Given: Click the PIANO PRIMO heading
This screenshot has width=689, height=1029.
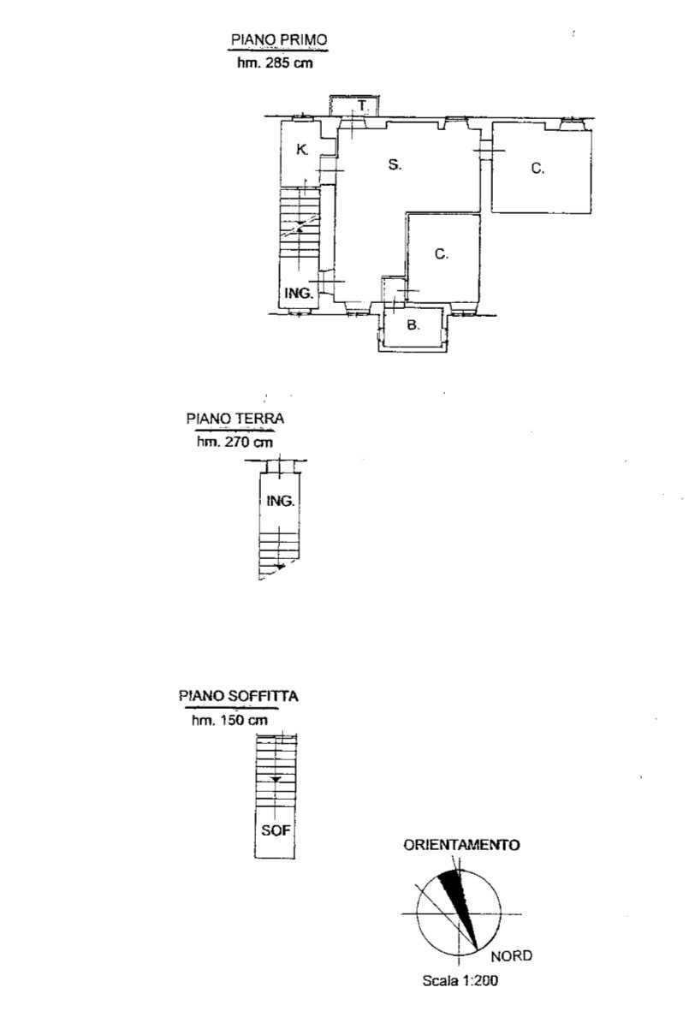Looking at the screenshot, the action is click(x=279, y=39).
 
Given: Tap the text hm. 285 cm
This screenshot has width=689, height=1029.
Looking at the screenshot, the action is click(x=275, y=62).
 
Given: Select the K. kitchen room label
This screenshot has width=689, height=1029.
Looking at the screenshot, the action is click(x=302, y=149).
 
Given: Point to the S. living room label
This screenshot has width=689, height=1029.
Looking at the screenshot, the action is click(x=395, y=164).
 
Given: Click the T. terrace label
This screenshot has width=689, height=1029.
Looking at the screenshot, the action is click(x=363, y=105).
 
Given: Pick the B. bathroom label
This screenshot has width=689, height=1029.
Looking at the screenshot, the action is click(x=413, y=324).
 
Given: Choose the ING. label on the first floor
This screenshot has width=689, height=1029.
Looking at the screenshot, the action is click(x=299, y=293).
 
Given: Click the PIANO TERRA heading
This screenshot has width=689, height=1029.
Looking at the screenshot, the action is click(x=235, y=419).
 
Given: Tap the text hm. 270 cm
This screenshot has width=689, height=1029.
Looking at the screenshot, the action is click(x=235, y=442).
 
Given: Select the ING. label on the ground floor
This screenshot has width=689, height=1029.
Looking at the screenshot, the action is click(x=280, y=501).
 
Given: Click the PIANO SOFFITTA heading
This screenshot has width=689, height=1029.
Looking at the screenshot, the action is click(x=239, y=696).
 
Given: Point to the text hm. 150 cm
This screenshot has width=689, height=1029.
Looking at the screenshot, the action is click(x=229, y=720).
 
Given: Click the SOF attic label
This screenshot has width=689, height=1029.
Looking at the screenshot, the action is click(x=276, y=830).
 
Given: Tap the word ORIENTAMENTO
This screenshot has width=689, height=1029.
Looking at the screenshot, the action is click(x=461, y=845).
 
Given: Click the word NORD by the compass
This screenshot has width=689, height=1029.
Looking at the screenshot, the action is click(x=512, y=956).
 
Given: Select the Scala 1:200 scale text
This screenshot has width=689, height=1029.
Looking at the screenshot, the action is click(x=460, y=981).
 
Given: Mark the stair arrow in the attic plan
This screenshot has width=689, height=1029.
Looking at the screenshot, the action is click(x=275, y=780).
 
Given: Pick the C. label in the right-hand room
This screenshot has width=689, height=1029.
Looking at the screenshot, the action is click(x=538, y=168).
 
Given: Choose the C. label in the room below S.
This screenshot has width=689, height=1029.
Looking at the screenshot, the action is click(x=442, y=254).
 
